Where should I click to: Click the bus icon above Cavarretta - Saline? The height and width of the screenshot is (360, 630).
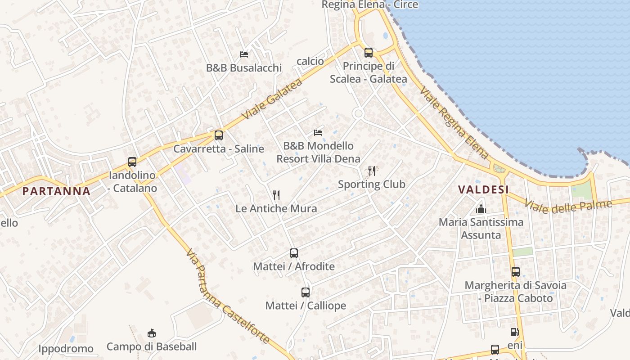pyautogui.click(x=219, y=135)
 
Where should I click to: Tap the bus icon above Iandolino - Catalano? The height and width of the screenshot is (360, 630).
pyautogui.click(x=132, y=162)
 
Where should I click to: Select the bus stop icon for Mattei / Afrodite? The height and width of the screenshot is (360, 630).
pyautogui.click(x=294, y=253)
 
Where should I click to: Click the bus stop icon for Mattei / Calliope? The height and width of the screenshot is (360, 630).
pyautogui.click(x=306, y=292)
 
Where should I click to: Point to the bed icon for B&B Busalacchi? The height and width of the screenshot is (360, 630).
pyautogui.click(x=244, y=54)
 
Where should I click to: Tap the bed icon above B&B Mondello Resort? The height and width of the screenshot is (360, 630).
pyautogui.click(x=318, y=133)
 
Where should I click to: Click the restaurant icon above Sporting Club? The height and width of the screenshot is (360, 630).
pyautogui.click(x=372, y=171)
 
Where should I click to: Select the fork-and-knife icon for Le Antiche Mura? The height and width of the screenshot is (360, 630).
pyautogui.click(x=276, y=195)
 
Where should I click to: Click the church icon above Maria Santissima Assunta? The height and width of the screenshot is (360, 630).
pyautogui.click(x=481, y=209)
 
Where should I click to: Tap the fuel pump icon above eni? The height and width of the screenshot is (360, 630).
pyautogui.click(x=514, y=333)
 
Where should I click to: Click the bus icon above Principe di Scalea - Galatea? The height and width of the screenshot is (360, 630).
pyautogui.click(x=369, y=53)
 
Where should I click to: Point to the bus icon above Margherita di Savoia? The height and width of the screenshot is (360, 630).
pyautogui.click(x=516, y=272)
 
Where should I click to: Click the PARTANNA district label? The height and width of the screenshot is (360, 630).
pyautogui.click(x=56, y=191)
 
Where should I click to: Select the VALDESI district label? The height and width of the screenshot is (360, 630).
pyautogui.click(x=483, y=189)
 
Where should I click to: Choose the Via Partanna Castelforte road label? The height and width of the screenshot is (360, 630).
pyautogui.click(x=227, y=297)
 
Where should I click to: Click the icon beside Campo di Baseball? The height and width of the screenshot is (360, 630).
pyautogui.click(x=152, y=333)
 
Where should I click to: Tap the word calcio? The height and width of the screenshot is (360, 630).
pyautogui.click(x=310, y=61)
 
